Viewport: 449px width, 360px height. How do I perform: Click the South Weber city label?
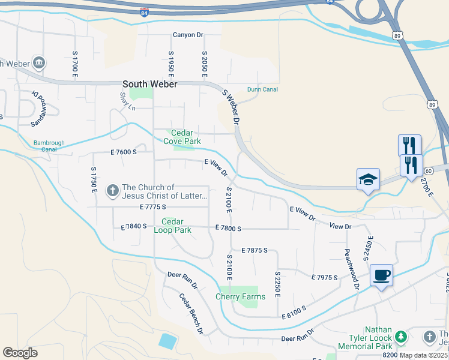point(149,85)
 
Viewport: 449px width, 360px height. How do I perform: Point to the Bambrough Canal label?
point(49,146)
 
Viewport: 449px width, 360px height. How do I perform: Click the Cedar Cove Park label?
point(186,137)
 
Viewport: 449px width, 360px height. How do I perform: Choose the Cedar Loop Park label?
point(172,226)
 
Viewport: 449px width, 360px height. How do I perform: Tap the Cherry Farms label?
point(240,297)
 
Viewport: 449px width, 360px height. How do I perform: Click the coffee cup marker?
point(381,275)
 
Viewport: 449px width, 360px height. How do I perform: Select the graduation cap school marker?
point(368,179)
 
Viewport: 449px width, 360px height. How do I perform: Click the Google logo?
point(20,353)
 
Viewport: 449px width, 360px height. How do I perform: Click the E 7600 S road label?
point(124,152)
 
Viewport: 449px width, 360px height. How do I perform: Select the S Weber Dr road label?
point(231,107)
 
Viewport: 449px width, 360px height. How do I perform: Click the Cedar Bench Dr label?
point(191,313)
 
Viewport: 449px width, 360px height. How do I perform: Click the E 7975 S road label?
point(325,277)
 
